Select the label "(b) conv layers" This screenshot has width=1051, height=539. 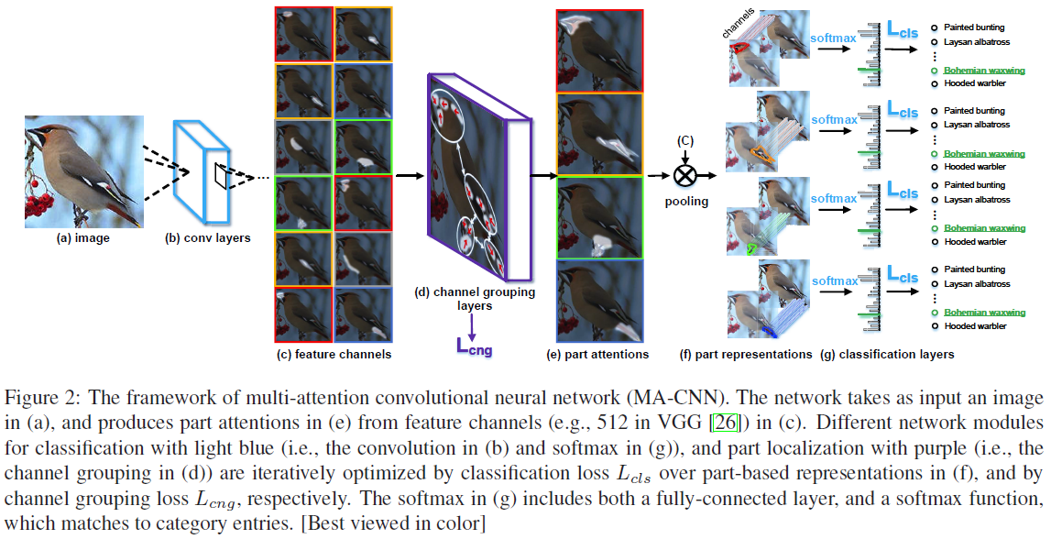207,239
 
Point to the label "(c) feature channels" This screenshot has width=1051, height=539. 333,354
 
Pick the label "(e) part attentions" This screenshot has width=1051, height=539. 597,354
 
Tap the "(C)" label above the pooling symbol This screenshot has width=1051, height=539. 683,140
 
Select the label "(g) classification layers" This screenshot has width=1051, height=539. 888,354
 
